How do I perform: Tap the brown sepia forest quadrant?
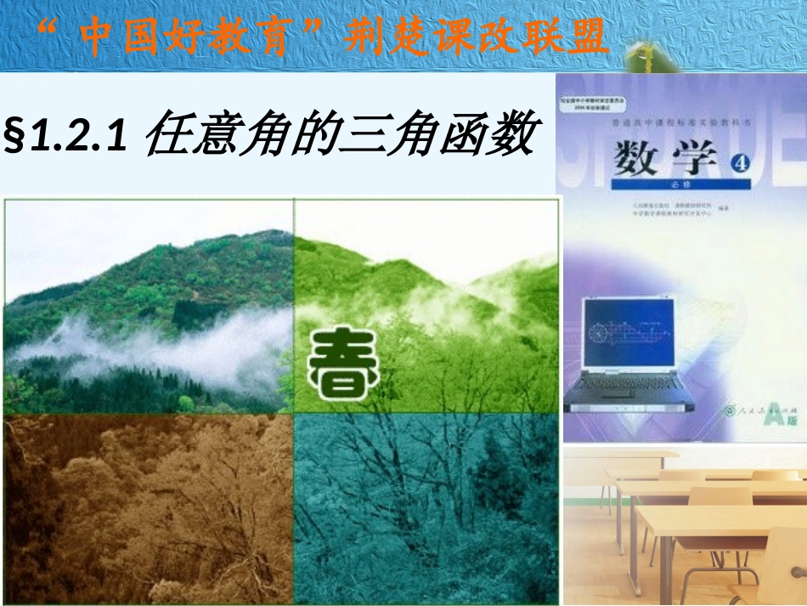click(149, 508)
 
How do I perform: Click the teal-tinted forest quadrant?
click(425, 508)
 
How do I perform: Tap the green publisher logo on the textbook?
click(727, 411)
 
